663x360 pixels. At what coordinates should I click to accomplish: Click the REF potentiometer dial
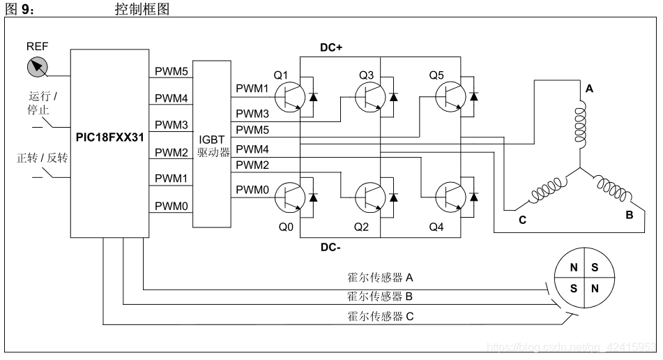39,67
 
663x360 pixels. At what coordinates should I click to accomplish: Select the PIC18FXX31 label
109,137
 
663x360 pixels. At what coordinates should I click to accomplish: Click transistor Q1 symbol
288,97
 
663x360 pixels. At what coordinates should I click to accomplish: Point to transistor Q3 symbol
369,97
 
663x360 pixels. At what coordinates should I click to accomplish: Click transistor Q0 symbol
288,197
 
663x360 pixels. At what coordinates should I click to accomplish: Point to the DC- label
333,246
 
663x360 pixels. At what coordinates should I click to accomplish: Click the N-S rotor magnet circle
584,277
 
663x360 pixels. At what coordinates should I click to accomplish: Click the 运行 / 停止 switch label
43,103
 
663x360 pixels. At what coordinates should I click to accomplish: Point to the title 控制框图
142,10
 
